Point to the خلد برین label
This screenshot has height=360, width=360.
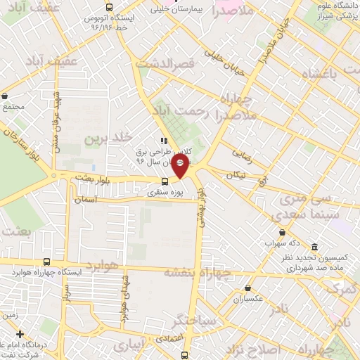109,138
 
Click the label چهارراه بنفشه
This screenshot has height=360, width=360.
197,271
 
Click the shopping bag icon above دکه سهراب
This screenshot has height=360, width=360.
282,232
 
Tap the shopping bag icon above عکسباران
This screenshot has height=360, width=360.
248,288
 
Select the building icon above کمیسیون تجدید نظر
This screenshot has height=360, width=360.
313,248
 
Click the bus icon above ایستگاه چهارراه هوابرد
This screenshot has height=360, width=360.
46,261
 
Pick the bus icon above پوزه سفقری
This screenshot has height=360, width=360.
165,181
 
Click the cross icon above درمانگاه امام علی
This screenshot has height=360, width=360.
20,335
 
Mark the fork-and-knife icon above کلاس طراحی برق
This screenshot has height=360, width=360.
164,140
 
